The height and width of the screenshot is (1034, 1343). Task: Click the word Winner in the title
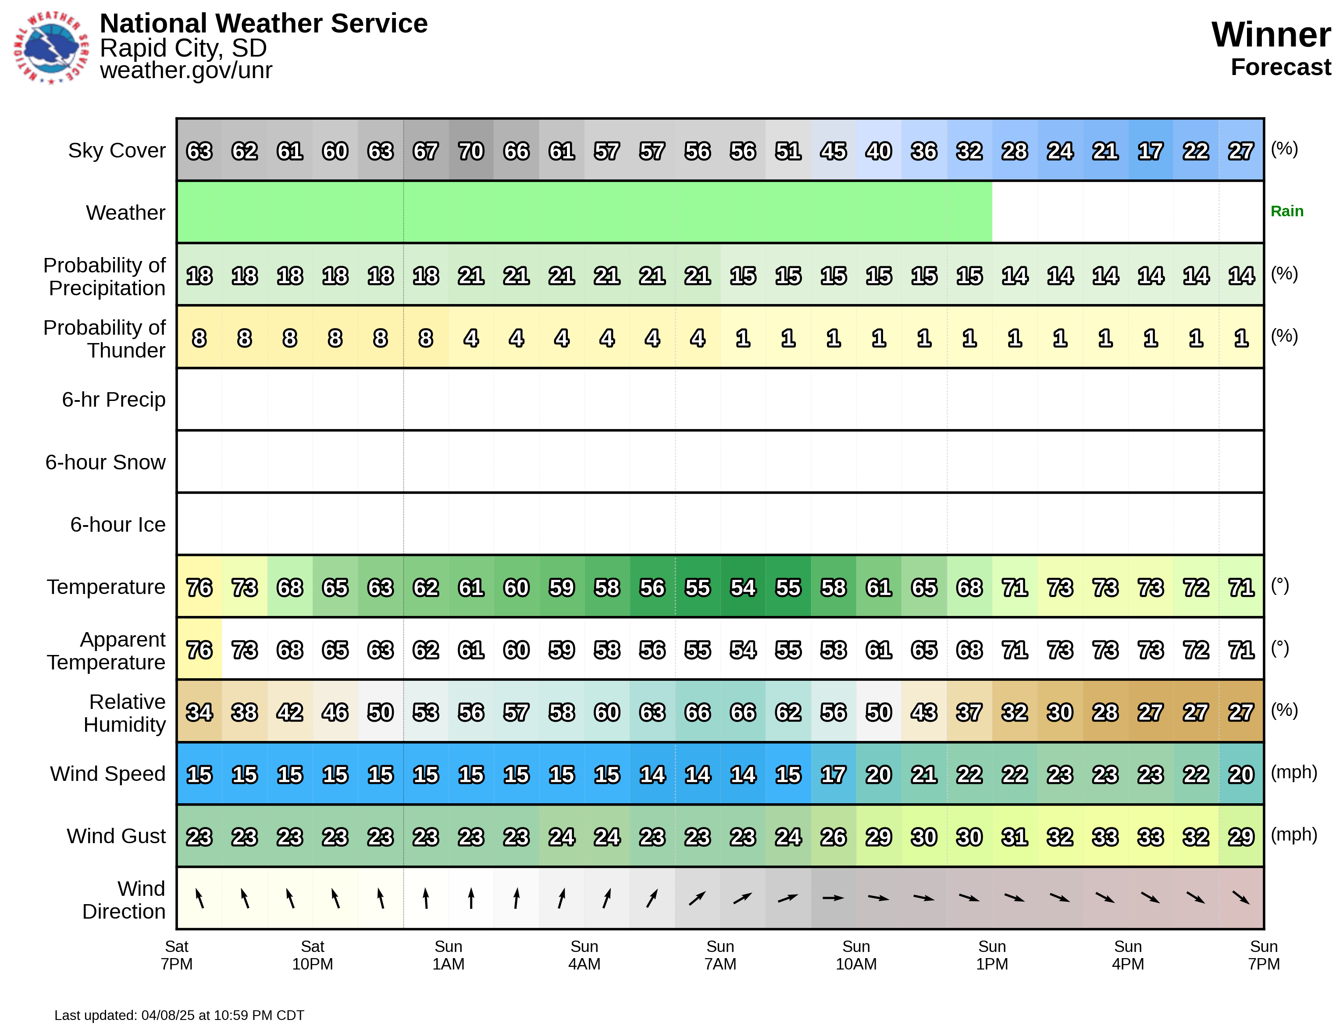[1271, 35]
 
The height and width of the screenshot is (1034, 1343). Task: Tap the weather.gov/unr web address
[186, 70]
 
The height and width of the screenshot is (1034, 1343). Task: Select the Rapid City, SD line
[183, 48]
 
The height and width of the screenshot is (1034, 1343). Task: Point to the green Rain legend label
[1286, 211]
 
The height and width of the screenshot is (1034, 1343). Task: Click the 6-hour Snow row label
[105, 462]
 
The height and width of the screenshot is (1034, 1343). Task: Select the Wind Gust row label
[116, 836]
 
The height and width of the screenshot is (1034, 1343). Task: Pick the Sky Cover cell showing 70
[471, 151]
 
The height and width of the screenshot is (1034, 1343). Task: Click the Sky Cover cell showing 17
[1151, 151]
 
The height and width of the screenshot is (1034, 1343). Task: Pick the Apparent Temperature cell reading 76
[199, 650]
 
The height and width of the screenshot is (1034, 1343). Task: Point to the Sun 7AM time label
[720, 955]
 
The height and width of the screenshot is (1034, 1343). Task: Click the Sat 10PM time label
[312, 955]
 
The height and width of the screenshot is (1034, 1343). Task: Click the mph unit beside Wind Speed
[1294, 773]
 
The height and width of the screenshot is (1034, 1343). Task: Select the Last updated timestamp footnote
[179, 1016]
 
